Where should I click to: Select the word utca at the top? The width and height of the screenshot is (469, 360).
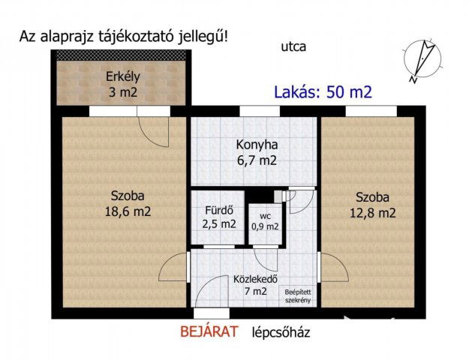pyautogui.click(x=293, y=46)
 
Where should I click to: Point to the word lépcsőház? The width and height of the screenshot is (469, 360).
pyautogui.click(x=281, y=332)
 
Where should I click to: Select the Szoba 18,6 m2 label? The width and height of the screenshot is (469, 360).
pyautogui.click(x=128, y=204)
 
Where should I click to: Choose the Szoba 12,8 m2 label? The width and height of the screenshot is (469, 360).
pyautogui.click(x=375, y=205)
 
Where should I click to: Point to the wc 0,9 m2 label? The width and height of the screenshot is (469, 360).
pyautogui.click(x=265, y=220)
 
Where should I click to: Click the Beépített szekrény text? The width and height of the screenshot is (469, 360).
pyautogui.click(x=297, y=295)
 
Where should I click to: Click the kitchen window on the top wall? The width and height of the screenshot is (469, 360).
pyautogui.click(x=256, y=111)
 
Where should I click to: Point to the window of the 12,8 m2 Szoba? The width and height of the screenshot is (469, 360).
pyautogui.click(x=370, y=111)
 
